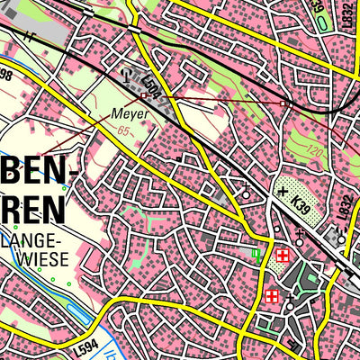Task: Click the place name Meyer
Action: (x=129, y=114)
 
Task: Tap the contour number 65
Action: (x=123, y=131)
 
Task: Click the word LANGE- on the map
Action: (x=33, y=241)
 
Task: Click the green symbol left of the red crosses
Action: (x=257, y=256)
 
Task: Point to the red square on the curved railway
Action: (x=284, y=103)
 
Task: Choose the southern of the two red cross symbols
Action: (x=271, y=295)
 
